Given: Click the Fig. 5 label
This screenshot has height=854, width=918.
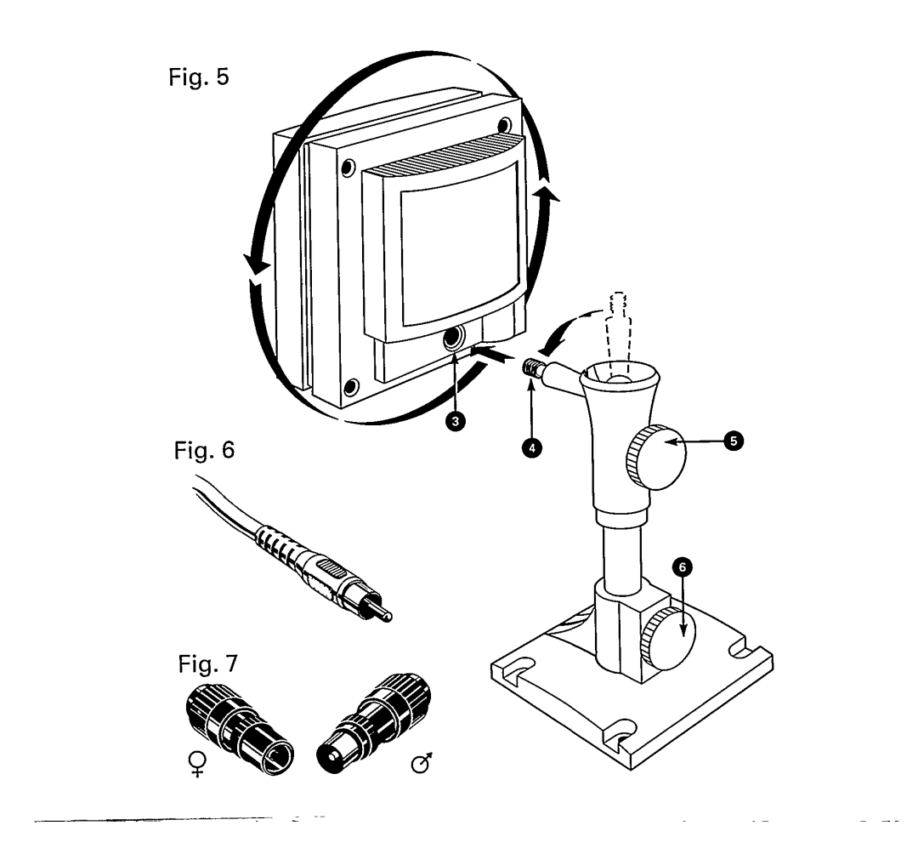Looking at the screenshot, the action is coord(198,77).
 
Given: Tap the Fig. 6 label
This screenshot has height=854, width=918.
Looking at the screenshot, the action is coord(204,450).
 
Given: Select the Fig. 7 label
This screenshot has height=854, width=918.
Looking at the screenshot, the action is coord(208,663).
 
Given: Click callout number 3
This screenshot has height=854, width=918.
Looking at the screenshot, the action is coord(455,421).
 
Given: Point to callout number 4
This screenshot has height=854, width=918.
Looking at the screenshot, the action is coord(531,448).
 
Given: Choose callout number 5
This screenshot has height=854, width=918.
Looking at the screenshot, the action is coord(734,441).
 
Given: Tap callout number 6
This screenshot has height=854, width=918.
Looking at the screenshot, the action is coord(682,567).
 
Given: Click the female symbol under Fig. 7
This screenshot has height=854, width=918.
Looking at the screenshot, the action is coord(198,764).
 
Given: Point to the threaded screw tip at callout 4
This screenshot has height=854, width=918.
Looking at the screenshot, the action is coord(530,368).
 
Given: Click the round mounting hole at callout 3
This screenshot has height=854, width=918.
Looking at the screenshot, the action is coord(454,338).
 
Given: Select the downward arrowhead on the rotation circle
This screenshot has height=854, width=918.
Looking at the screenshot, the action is coord(256,266).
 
